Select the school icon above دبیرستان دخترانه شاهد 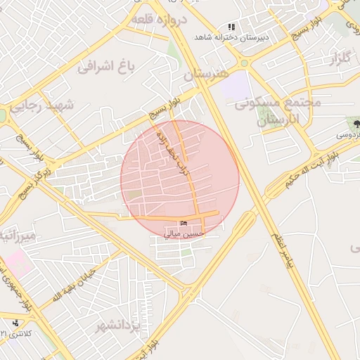pos(231,28)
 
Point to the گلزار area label pos(335,60)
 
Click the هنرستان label pos(206,73)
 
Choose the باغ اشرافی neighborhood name pos(105,68)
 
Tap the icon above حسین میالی pos(184,223)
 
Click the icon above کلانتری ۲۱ pos(15,322)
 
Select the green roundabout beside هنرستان pos(244,63)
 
